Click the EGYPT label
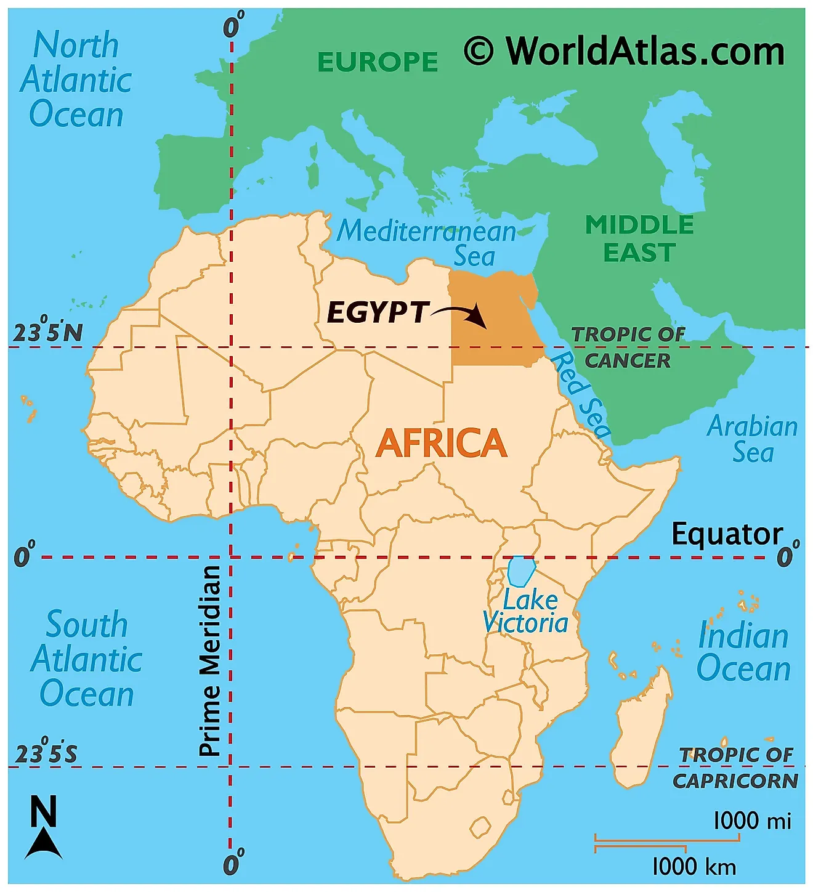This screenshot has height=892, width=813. click(377, 312)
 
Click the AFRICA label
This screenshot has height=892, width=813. click(441, 444)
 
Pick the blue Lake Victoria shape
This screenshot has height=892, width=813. click(520, 571)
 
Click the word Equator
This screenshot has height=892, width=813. click(726, 534)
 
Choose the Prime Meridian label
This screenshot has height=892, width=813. click(210, 660)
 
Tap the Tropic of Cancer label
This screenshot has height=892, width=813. click(628, 347)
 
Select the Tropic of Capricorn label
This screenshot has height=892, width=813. click(736, 768)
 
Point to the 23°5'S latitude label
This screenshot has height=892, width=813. click(46, 752)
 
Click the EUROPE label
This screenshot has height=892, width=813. click(378, 62)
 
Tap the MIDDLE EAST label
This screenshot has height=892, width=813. click(639, 238)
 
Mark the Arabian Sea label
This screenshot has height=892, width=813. click(752, 439)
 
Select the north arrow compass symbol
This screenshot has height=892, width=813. click(43, 829)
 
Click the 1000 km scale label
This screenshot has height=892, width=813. click(694, 866)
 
